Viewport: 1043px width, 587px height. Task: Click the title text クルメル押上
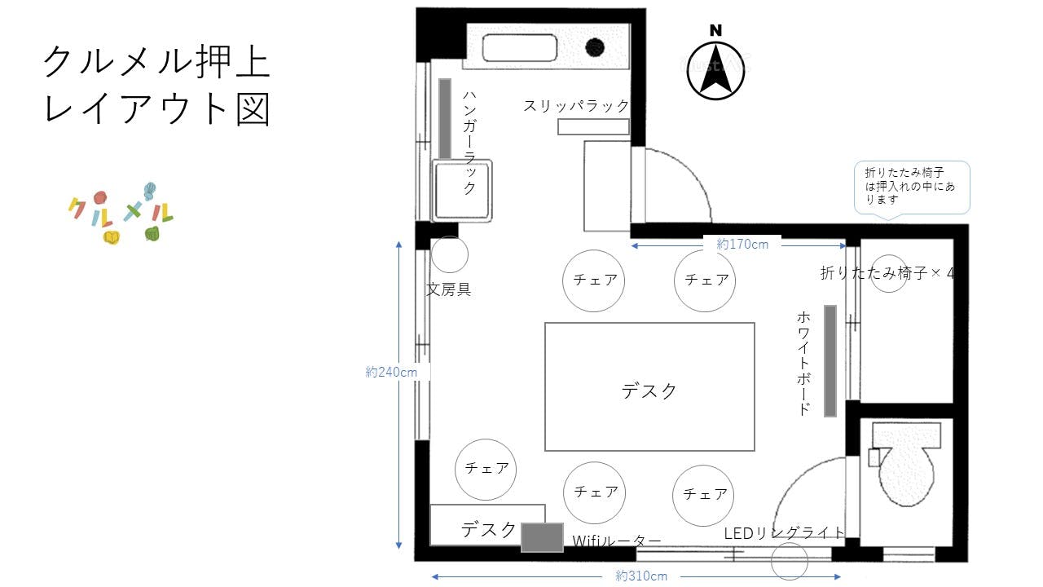tap(156, 62)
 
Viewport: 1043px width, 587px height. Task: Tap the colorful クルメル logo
tap(121, 214)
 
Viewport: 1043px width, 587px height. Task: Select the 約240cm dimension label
tap(392, 372)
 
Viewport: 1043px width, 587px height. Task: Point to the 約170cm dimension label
tap(742, 243)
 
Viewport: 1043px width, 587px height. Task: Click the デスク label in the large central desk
tap(649, 391)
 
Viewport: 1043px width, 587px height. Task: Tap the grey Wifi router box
tap(542, 537)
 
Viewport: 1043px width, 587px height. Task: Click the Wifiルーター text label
tap(616, 541)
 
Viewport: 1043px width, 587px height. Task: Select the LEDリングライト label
tap(785, 532)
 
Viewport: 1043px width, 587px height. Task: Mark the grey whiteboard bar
tap(830, 360)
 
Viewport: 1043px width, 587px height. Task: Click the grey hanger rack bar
tap(445, 118)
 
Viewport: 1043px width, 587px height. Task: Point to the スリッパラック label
tap(577, 106)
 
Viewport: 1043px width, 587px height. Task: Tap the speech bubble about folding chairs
tap(911, 188)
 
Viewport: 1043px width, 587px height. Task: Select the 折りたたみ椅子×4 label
tap(887, 273)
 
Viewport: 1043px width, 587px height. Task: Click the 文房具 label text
tap(449, 289)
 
